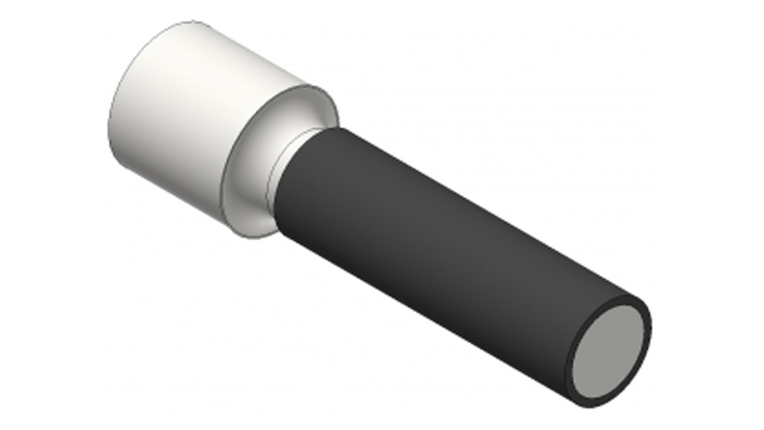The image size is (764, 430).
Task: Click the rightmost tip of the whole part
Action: [651, 329]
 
